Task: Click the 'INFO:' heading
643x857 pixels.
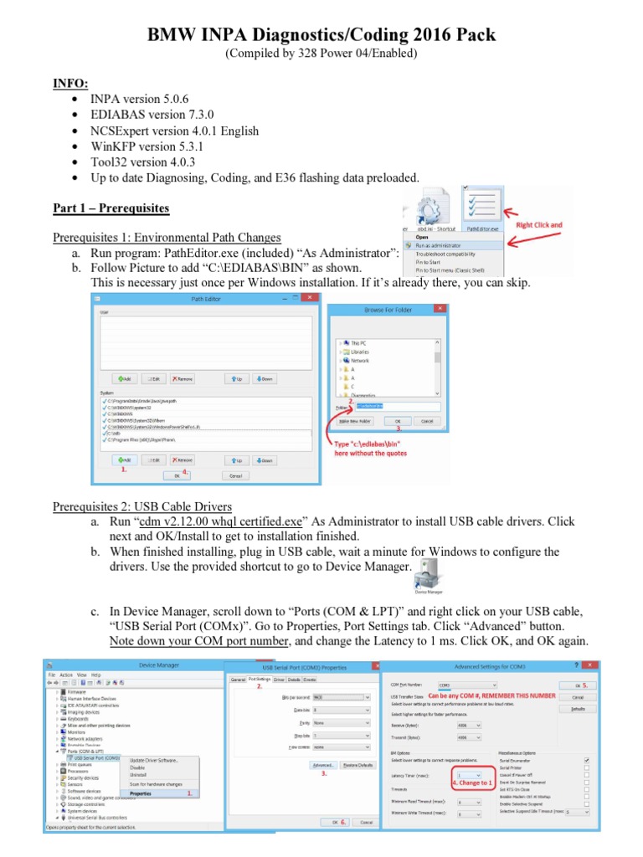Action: [x=70, y=85]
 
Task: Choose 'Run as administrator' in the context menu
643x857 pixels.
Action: [x=445, y=245]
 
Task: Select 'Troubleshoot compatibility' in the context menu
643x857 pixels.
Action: [x=451, y=254]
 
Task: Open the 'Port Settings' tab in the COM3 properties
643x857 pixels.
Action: [x=260, y=679]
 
